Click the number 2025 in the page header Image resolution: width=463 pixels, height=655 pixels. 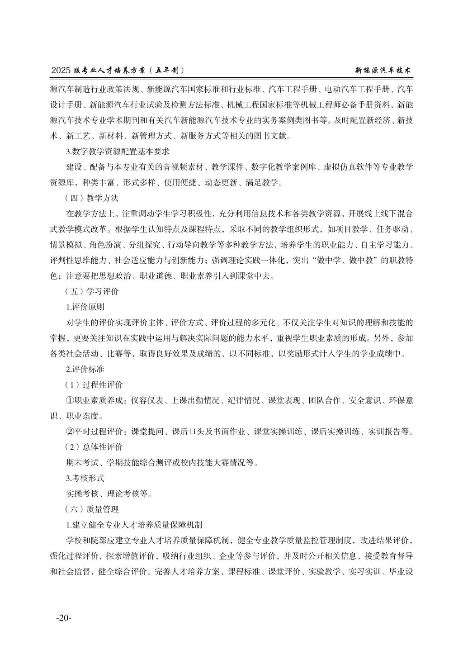click(x=61, y=71)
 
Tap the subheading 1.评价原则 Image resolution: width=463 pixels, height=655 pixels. click(x=85, y=307)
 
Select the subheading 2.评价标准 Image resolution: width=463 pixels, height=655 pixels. click(x=85, y=369)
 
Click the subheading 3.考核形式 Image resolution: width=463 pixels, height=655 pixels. click(x=85, y=478)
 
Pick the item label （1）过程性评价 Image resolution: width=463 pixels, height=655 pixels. click(x=94, y=384)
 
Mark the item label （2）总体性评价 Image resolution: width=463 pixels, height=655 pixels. click(x=94, y=447)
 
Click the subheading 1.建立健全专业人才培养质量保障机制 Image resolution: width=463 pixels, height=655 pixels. click(x=134, y=525)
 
